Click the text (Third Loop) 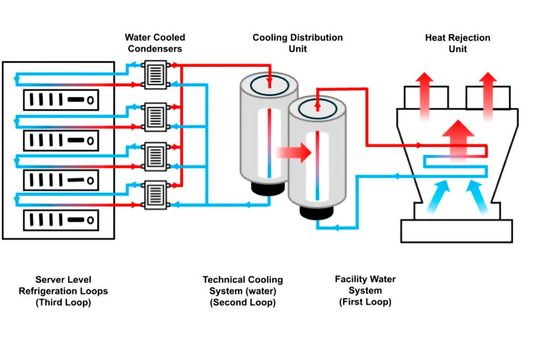(63, 301)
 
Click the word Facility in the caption (357, 279)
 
